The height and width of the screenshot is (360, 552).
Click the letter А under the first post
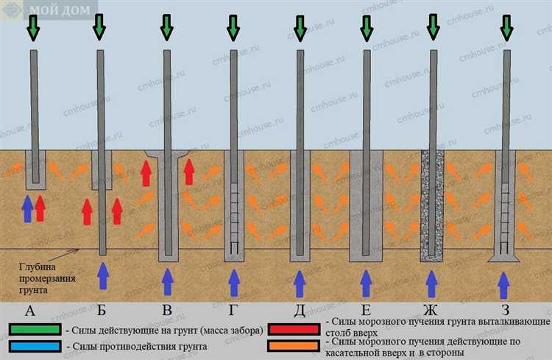[x=30, y=311]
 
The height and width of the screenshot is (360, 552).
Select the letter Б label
[x=102, y=311]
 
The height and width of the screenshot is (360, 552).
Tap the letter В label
[x=167, y=311]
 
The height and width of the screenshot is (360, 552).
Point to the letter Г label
[x=233, y=311]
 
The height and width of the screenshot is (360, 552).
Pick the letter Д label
[x=300, y=311]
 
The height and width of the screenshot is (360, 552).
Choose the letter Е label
[x=366, y=311]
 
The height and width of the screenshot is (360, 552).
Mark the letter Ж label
[x=431, y=311]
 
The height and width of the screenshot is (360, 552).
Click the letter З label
[x=506, y=311]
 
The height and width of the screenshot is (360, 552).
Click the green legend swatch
[x=35, y=329]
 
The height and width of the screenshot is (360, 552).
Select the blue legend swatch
[x=35, y=346]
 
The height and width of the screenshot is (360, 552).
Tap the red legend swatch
[x=294, y=329]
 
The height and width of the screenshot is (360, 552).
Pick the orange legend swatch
[x=294, y=346]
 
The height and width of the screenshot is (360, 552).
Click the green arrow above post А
[x=33, y=28]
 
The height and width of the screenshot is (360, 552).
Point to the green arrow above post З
[x=506, y=28]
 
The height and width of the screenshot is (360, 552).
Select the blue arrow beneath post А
[x=27, y=209]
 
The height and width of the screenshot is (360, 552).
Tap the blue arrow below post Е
[x=366, y=283]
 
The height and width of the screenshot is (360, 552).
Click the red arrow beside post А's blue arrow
[x=40, y=208]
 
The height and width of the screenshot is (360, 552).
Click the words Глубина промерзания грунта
[x=47, y=278]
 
